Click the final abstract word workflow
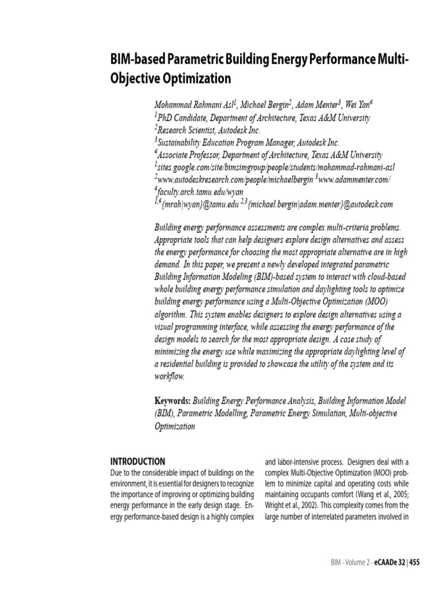(x=169, y=377)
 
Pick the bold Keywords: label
(x=172, y=401)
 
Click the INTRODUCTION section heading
(x=138, y=461)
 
